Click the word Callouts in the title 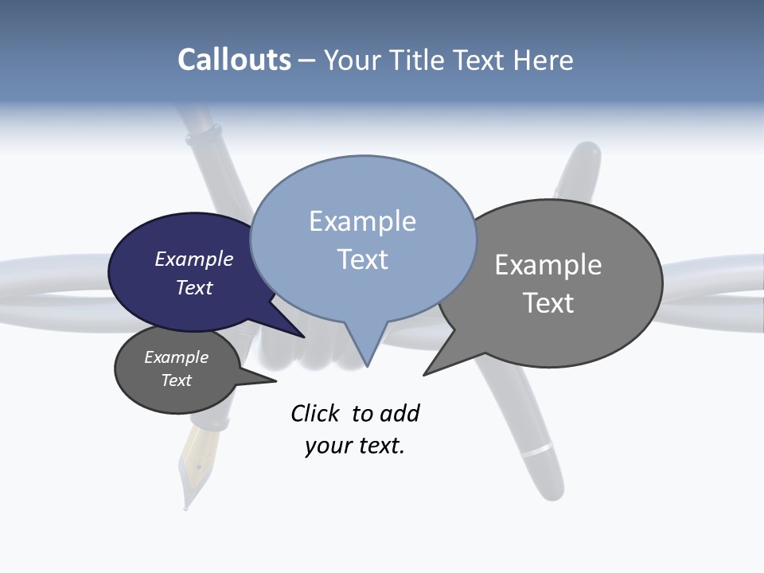pos(234,60)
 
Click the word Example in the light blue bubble pos(362,221)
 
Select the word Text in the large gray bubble pos(548,303)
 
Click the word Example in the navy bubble pos(193,259)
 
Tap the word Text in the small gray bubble pos(176,380)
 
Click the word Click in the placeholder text pos(315,413)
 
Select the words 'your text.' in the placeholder pos(355,446)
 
